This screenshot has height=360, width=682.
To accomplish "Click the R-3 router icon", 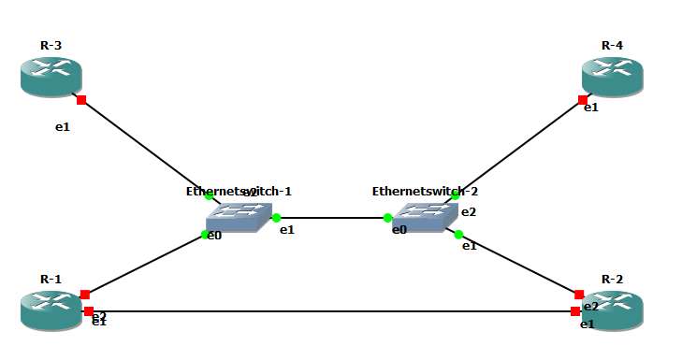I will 51,76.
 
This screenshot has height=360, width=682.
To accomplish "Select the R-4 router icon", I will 613,76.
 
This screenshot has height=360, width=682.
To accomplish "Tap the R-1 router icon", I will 51,310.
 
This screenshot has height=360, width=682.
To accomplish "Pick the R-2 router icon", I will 613,310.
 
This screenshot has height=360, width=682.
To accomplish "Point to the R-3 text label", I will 51,45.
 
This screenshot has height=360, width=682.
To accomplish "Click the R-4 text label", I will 612,45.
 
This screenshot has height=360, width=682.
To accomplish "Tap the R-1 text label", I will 51,279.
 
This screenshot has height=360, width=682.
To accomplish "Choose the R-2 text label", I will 612,279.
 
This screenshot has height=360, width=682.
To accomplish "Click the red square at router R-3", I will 81,99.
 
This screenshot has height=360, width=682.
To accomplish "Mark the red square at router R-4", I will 583,99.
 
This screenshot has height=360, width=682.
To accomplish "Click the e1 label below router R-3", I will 63,127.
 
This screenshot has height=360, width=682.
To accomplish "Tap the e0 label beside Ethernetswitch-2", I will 399,229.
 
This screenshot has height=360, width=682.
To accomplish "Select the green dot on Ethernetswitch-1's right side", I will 276,218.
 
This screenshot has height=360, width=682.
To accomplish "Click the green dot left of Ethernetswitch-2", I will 387,218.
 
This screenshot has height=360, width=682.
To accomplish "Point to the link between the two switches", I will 332,218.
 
